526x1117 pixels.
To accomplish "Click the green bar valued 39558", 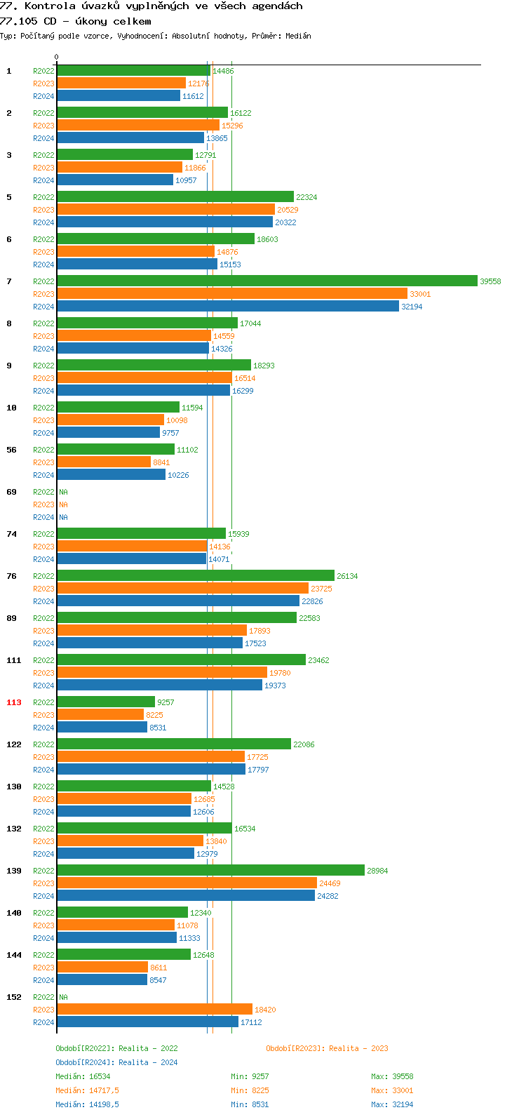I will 267,281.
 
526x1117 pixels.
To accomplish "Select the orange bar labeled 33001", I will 231,293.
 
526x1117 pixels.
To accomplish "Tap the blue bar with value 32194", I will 227,306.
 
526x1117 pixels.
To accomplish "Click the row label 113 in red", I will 14,702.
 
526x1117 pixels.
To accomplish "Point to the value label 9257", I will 166,702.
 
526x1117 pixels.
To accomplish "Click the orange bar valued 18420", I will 154,1009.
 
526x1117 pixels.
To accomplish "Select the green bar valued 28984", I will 210,870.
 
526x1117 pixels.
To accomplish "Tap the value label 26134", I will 347,576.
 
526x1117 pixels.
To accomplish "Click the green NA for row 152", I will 63,997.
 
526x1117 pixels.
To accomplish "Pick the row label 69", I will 11,492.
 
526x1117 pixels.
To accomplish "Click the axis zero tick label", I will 57,58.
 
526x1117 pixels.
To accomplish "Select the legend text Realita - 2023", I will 358,1048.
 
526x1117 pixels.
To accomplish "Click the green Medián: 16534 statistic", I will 83,1076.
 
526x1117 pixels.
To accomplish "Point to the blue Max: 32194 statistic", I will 392,1104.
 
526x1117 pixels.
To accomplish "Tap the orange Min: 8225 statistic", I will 250,1090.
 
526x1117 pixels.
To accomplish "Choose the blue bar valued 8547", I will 102,979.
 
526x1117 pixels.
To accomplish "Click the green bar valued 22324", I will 175,196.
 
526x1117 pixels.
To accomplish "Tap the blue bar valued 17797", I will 151,769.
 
